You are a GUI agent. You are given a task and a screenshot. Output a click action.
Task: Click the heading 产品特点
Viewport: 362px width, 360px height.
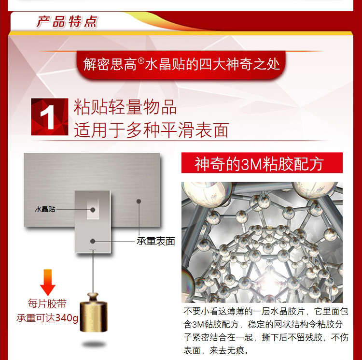point(67,22)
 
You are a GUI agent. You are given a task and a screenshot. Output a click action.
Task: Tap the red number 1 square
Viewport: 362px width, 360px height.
point(50,116)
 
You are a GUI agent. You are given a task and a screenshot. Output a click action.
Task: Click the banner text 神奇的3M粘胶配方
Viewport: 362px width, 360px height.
point(259,164)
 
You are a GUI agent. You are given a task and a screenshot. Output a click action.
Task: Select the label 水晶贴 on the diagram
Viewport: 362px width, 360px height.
point(45,209)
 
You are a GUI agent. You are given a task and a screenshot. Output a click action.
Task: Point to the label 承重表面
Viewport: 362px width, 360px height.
point(155,241)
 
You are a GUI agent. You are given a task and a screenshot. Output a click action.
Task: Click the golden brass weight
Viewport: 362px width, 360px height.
point(94,312)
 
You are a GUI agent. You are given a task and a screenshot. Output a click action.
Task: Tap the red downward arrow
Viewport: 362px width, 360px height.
point(48,282)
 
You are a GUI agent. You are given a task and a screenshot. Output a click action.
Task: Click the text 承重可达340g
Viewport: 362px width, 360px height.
point(47,318)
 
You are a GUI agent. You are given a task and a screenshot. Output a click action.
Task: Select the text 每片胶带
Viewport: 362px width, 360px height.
point(47,303)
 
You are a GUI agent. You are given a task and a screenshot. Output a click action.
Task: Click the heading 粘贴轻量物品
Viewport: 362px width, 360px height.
point(125,107)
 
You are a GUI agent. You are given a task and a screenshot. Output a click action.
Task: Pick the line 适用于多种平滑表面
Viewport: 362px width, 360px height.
point(152,130)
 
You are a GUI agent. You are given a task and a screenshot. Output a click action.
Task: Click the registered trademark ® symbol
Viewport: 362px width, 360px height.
point(141,61)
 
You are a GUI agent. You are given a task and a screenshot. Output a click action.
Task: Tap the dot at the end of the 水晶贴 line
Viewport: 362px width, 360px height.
point(93,210)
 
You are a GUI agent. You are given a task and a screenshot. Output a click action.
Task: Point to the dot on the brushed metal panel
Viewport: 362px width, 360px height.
point(139,202)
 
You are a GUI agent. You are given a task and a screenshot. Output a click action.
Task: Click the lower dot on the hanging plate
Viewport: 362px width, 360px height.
point(93,241)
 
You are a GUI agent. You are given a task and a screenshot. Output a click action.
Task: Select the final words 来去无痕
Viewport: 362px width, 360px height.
point(227,350)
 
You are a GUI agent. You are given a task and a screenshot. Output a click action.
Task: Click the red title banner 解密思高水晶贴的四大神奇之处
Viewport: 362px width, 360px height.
point(181,64)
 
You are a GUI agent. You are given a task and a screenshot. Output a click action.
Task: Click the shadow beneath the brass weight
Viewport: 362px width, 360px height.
point(94,344)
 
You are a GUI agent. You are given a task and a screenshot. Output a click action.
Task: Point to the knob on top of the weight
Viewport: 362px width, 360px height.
point(93,296)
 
